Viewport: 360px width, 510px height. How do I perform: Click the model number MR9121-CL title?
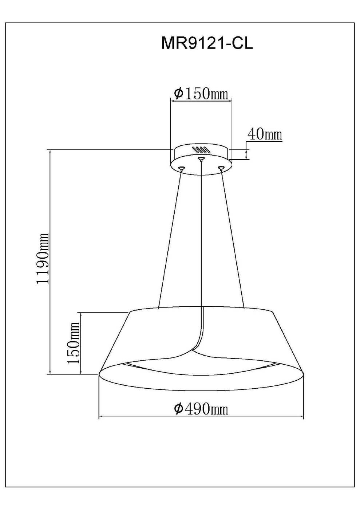207,43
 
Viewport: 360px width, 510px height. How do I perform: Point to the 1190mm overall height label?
43,258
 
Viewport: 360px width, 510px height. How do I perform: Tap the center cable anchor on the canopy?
201,158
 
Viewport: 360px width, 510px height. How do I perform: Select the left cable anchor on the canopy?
181,168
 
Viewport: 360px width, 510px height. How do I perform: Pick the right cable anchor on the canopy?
221,168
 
